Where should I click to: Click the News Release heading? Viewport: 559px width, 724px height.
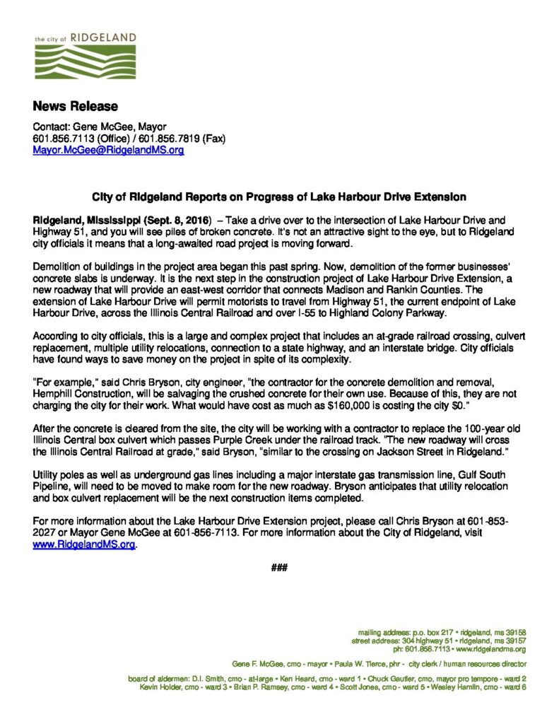point(75,107)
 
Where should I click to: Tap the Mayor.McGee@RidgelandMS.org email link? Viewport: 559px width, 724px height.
point(108,151)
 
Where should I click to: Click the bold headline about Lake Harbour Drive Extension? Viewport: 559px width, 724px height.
point(280,194)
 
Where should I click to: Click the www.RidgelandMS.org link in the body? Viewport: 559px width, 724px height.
point(83,546)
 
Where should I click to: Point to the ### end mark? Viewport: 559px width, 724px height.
point(280,567)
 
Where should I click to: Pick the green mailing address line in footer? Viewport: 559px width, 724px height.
point(442,632)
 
